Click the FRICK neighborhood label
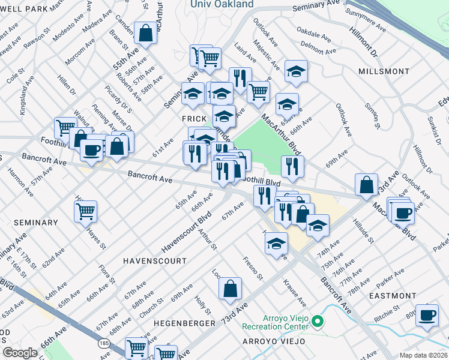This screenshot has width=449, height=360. [194, 119]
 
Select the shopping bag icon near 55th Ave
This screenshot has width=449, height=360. [145, 33]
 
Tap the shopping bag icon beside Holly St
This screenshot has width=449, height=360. [230, 289]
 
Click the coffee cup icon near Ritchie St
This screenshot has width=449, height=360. [427, 315]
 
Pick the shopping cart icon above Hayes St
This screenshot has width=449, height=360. [86, 211]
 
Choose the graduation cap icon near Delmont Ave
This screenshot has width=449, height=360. [295, 71]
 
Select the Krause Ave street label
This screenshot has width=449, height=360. [294, 292]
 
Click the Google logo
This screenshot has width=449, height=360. [20, 353]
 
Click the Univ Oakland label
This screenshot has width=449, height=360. [221, 4]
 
